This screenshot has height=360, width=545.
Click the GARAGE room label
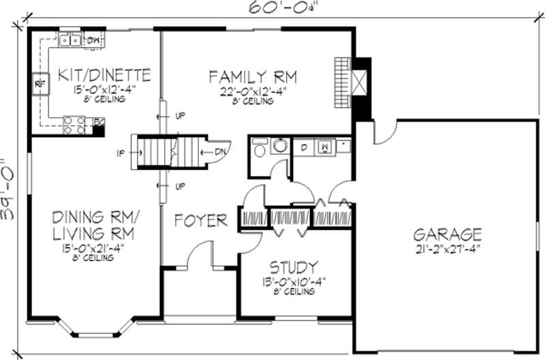click(448, 234)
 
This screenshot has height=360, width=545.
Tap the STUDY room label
click(292, 266)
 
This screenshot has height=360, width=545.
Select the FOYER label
click(200, 220)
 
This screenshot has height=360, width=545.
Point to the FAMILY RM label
click(253, 74)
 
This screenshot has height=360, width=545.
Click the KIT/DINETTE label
click(104, 73)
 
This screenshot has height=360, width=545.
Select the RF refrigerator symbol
click(37, 84)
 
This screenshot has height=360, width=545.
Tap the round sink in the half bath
click(280, 145)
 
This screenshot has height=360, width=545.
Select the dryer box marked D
click(303, 146)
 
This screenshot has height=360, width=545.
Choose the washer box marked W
click(326, 146)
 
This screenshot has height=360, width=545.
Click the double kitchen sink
click(70, 40)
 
